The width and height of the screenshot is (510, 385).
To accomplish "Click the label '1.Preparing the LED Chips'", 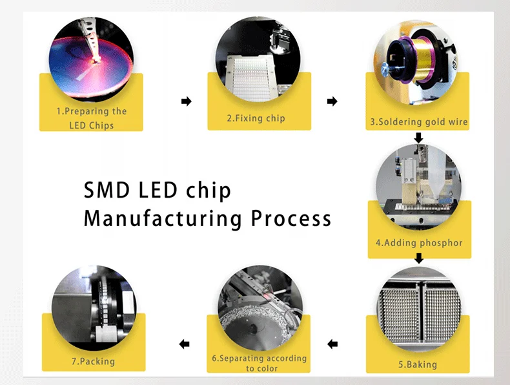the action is click(x=91, y=118).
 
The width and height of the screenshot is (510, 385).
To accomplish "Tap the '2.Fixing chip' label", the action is click(x=256, y=118).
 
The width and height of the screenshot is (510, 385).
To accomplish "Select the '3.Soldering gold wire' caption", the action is click(x=418, y=121).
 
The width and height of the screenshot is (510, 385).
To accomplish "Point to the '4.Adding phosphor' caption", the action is click(x=419, y=243).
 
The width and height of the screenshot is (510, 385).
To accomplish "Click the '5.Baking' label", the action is click(x=418, y=364).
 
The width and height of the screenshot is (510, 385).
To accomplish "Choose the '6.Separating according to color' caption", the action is click(x=259, y=363).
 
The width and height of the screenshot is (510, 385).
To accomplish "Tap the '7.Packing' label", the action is click(x=93, y=361).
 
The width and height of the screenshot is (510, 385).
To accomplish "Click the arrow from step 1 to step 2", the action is click(x=187, y=101).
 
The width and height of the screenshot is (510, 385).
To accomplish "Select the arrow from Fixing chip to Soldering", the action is click(x=332, y=101).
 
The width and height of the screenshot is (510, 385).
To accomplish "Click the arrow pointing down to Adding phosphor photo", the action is click(x=418, y=138).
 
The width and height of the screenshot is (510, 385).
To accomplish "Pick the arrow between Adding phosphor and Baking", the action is click(x=418, y=258).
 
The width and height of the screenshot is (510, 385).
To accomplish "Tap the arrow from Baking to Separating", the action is click(x=332, y=344).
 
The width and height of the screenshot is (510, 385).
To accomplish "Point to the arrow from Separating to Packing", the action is click(x=185, y=344).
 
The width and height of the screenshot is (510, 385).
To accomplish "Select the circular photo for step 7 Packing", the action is click(x=93, y=304).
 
